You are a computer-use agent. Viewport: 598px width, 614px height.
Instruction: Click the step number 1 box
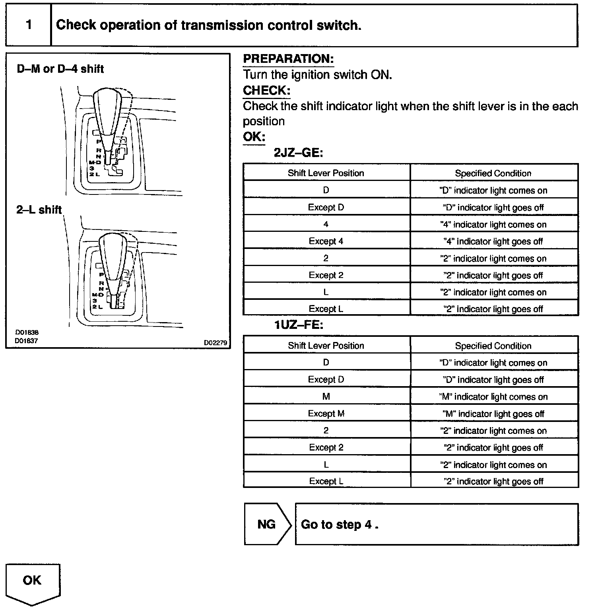tap(29, 25)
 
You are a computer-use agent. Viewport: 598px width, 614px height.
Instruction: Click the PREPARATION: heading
tap(288, 59)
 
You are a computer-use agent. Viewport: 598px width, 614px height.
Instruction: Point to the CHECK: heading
tap(266, 90)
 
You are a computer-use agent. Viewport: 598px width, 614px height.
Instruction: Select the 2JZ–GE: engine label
tap(298, 153)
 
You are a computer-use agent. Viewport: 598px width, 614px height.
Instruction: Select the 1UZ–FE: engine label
tap(299, 325)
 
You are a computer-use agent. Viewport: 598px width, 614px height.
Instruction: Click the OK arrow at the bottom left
tap(33, 583)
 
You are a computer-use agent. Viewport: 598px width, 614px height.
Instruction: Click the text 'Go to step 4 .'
tap(340, 525)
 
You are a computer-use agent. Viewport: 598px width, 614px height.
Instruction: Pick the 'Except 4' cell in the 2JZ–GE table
tap(326, 241)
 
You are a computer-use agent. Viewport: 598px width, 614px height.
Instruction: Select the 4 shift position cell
tap(326, 224)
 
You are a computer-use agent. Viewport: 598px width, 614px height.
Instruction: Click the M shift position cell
tap(326, 396)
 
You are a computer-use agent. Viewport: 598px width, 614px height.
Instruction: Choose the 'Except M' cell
tap(326, 414)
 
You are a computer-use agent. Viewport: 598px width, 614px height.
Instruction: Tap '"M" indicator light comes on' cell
tap(493, 397)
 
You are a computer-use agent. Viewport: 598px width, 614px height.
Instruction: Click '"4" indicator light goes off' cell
tap(493, 241)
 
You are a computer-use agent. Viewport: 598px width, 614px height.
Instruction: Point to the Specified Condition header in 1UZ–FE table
tap(493, 346)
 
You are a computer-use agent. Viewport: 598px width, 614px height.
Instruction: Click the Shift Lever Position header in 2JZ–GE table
tap(326, 173)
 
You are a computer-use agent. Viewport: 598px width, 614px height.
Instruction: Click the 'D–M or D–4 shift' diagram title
tap(60, 69)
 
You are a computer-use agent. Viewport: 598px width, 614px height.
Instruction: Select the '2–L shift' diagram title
tap(39, 210)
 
